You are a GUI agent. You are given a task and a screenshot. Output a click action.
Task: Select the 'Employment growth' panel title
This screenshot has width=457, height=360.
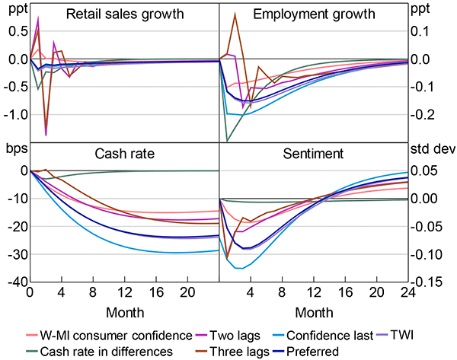[314, 15]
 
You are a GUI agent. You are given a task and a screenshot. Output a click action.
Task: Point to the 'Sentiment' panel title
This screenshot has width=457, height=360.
[314, 153]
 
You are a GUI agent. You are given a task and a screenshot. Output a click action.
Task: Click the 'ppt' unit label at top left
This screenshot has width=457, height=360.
[14, 11]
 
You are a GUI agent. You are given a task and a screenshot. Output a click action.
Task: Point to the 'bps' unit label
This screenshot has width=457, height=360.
[15, 149]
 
